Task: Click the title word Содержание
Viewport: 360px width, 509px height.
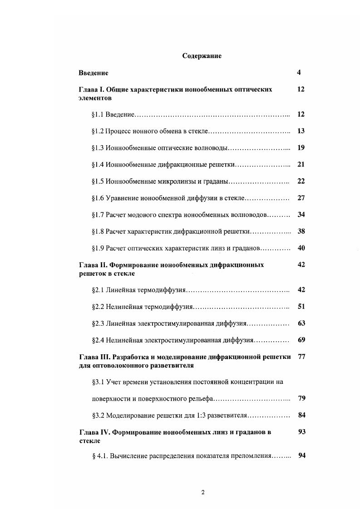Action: click(x=202, y=56)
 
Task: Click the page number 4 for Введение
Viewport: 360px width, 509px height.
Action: click(x=299, y=73)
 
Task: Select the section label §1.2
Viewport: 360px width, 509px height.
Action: click(x=98, y=131)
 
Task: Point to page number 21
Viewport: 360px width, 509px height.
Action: click(x=301, y=165)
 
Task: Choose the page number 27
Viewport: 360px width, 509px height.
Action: click(x=301, y=198)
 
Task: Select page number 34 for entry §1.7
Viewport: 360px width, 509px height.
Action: click(x=301, y=215)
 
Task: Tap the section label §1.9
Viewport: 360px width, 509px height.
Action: click(x=98, y=248)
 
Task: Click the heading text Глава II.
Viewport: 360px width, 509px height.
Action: click(x=92, y=265)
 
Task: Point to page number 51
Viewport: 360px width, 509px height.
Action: click(x=301, y=307)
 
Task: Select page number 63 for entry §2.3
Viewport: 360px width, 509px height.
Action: click(x=301, y=323)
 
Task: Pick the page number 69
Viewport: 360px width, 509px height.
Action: click(x=301, y=340)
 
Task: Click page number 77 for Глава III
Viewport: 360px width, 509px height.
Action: click(x=301, y=357)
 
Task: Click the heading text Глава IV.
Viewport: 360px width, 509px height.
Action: click(x=93, y=432)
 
